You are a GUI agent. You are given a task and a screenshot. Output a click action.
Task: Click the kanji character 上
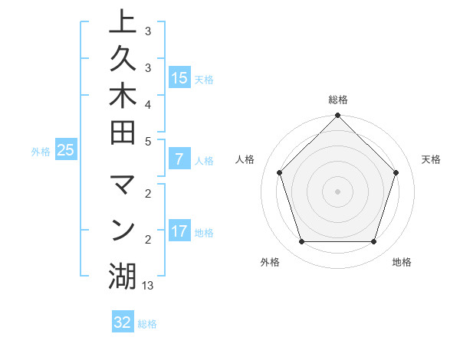(123, 23)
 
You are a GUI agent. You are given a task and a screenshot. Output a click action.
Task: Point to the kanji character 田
(123, 142)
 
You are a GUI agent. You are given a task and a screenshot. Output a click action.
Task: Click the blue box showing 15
(179, 77)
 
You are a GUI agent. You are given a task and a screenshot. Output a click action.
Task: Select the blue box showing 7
(179, 160)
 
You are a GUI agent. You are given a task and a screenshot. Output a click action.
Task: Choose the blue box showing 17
(179, 231)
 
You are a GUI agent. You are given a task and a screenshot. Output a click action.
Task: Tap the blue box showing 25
(66, 151)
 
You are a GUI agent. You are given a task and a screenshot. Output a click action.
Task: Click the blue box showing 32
(122, 322)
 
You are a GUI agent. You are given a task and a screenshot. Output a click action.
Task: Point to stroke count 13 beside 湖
(148, 285)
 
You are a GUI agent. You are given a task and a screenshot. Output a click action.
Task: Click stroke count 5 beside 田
(147, 141)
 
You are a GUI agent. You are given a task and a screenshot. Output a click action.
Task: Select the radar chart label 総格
(337, 100)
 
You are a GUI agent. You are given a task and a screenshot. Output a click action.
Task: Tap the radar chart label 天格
(431, 159)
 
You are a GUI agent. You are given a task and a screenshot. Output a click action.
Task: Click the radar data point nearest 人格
(279, 172)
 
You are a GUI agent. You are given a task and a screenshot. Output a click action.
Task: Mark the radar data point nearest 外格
(301, 242)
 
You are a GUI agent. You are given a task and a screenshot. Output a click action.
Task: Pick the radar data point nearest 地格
(374, 242)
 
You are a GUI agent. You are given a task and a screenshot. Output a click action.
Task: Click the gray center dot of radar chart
(337, 191)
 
